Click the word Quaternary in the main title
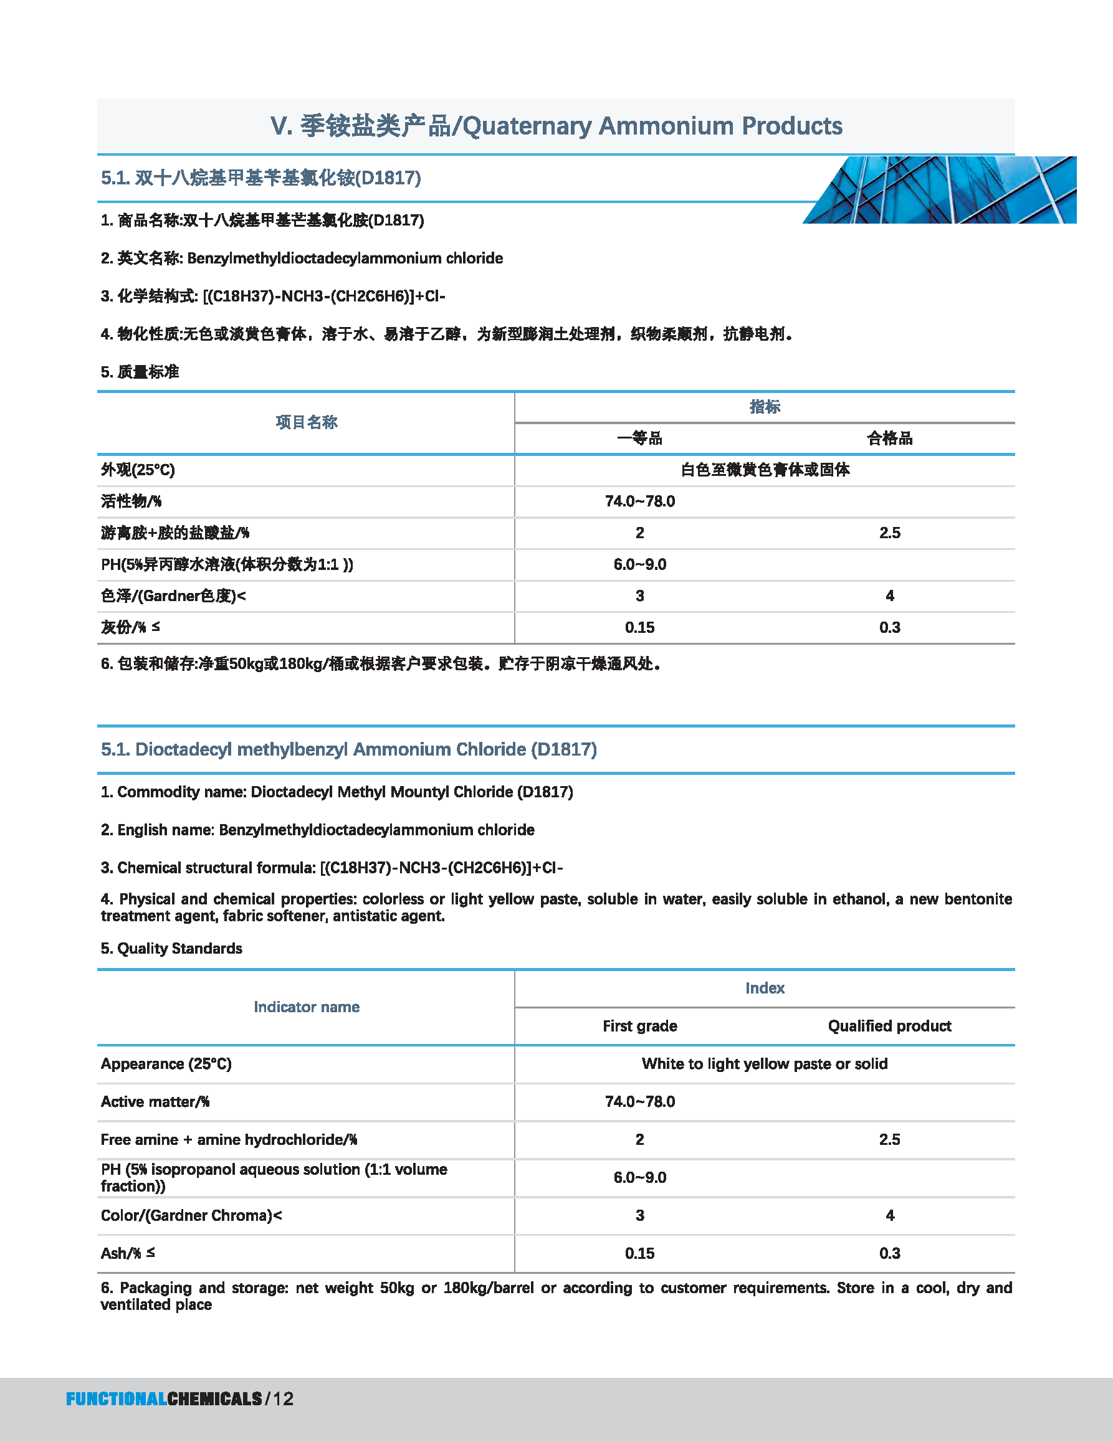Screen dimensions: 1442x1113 527,125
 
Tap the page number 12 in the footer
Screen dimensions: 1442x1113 283,1398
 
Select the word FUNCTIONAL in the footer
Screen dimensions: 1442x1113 117,1398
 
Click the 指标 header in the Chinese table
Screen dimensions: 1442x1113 764,407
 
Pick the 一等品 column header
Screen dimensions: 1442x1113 639,439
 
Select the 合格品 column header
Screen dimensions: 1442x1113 889,439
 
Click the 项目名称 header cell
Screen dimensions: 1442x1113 306,422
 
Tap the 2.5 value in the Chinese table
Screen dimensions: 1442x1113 889,533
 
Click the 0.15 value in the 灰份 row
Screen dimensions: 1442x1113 639,627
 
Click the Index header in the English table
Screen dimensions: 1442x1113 764,988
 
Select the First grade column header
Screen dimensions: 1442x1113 639,1025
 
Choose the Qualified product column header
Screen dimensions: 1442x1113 889,1025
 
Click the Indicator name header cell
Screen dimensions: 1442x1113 307,1007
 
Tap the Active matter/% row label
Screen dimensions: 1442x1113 155,1101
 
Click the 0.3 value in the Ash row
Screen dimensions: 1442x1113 889,1253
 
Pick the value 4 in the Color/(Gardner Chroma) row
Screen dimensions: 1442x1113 890,1215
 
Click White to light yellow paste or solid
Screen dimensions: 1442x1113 764,1064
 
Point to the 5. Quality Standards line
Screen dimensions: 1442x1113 172,948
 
